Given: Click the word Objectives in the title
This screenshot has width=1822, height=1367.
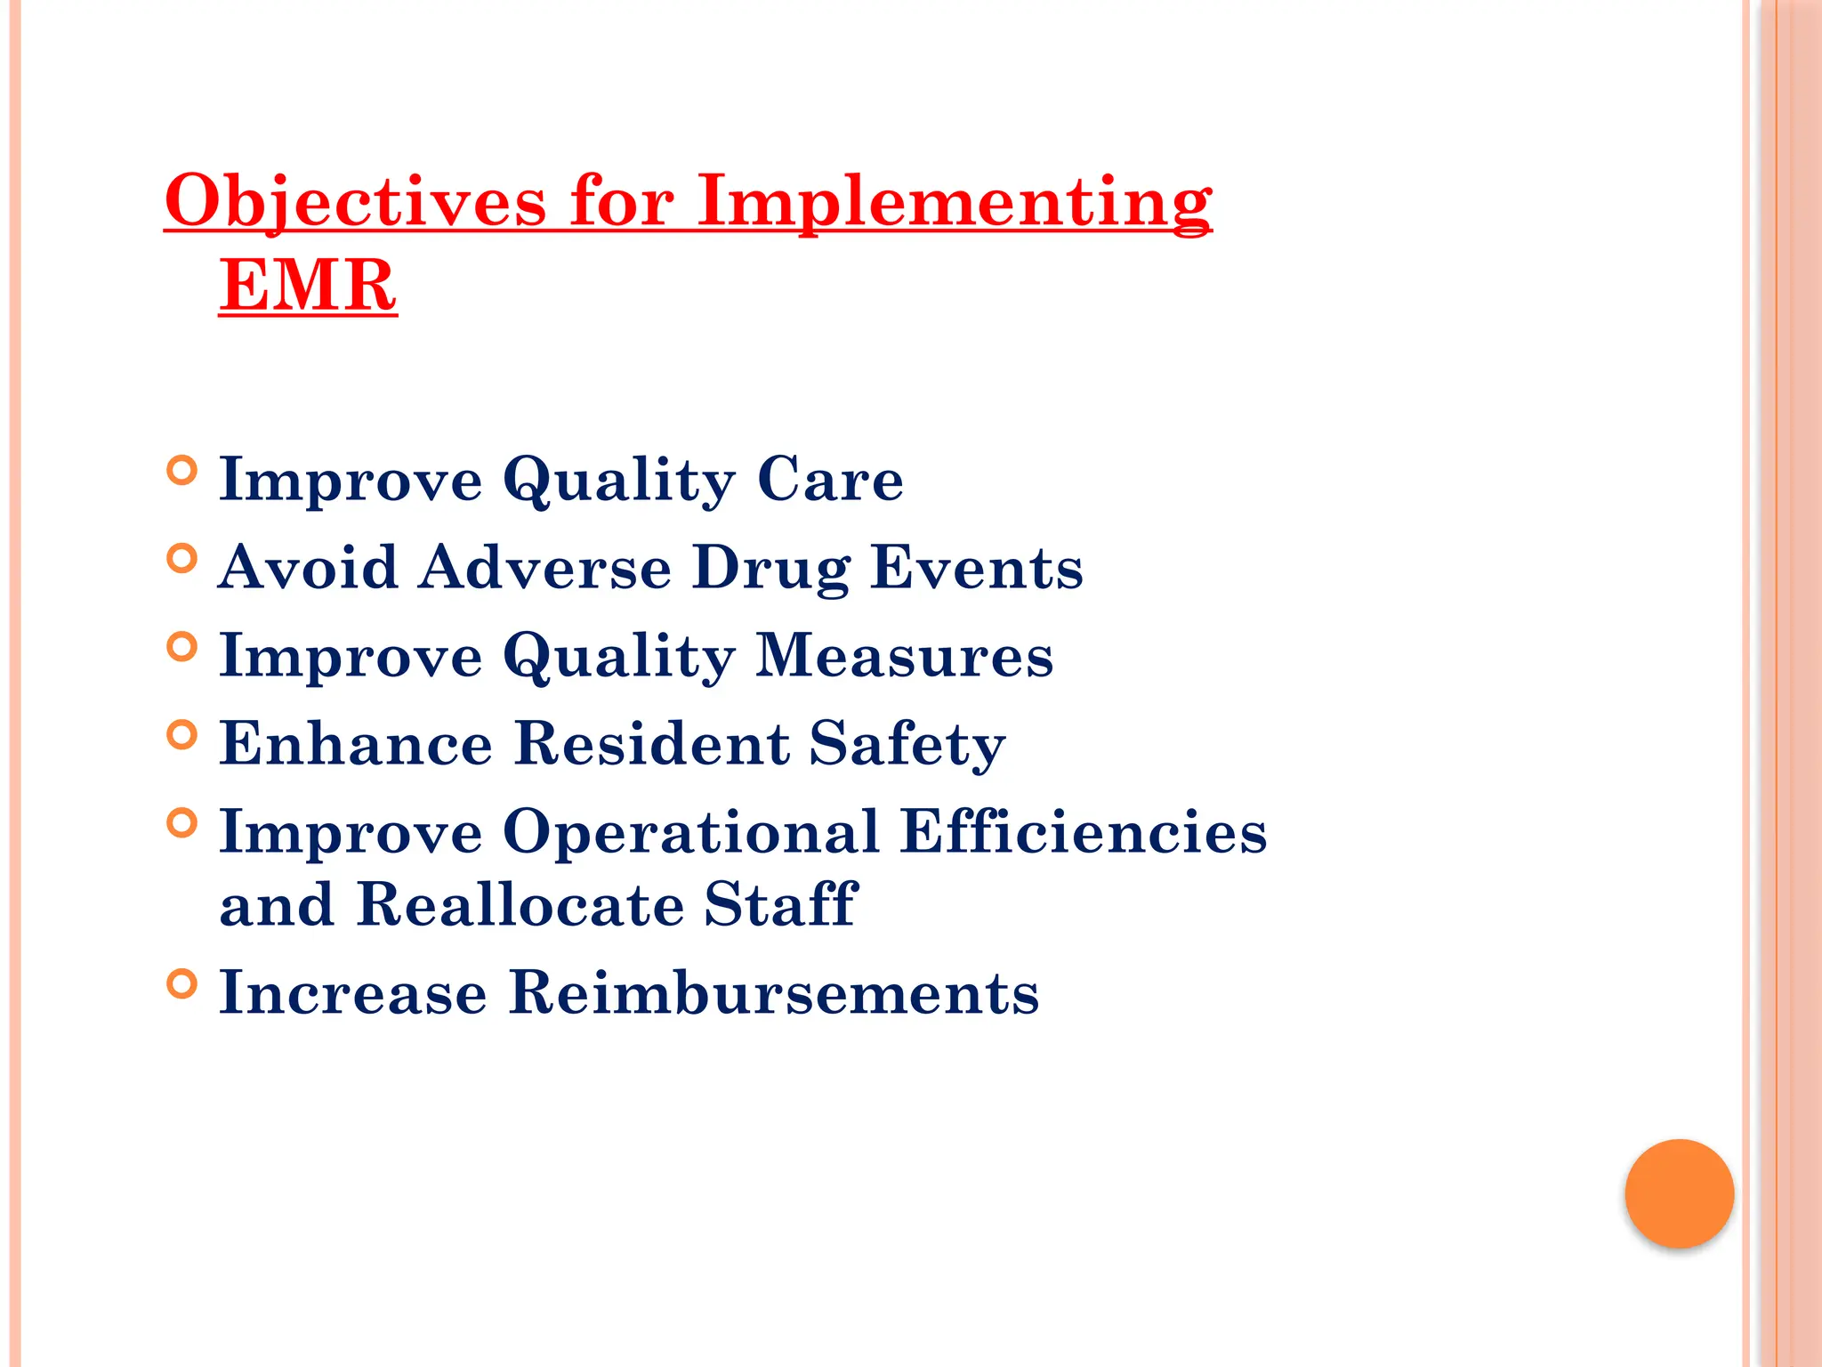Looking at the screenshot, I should click(355, 201).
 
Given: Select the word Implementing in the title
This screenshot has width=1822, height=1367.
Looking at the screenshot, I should click(954, 201).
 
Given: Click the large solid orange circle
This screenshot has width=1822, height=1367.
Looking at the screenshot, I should click(1679, 1193).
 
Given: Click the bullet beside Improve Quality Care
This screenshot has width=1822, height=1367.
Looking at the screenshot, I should click(181, 470).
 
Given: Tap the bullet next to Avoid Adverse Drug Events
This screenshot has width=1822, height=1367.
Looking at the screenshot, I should click(181, 558).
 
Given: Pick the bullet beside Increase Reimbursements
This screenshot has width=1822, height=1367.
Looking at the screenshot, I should click(181, 983).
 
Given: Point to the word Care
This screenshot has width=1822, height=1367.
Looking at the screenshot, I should click(829, 480).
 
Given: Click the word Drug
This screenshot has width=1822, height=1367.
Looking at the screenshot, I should click(770, 568).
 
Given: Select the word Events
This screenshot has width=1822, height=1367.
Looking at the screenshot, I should click(976, 568).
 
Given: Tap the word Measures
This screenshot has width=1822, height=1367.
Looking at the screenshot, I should click(904, 656).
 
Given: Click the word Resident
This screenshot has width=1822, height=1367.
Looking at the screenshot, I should click(652, 744).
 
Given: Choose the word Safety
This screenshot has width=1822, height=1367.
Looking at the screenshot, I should click(907, 744).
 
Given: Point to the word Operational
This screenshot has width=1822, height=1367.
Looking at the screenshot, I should click(691, 832).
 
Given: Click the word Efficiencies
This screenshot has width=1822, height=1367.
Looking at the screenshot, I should click(1083, 832).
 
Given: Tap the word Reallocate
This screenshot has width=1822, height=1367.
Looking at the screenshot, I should click(520, 905).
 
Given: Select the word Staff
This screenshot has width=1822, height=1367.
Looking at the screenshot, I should click(780, 905).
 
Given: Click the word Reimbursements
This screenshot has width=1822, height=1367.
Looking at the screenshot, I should click(773, 993).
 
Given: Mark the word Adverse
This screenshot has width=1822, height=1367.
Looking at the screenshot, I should click(545, 568).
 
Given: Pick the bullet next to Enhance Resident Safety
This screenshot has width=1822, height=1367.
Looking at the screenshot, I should click(181, 734).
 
